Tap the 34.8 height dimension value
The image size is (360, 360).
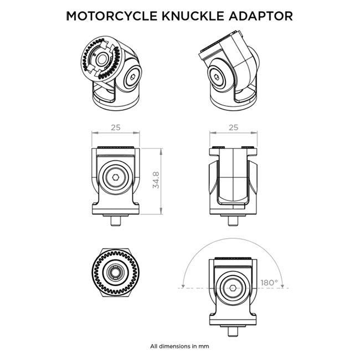point(156,181)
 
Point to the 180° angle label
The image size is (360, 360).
point(269,282)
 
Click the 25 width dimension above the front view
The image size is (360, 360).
point(115,127)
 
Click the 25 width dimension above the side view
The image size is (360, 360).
point(233,127)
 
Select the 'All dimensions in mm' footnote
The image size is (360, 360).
point(179,346)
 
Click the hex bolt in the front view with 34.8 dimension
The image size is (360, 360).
point(115,180)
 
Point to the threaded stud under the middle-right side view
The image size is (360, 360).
point(233,220)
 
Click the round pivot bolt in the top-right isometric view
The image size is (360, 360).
point(218,76)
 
